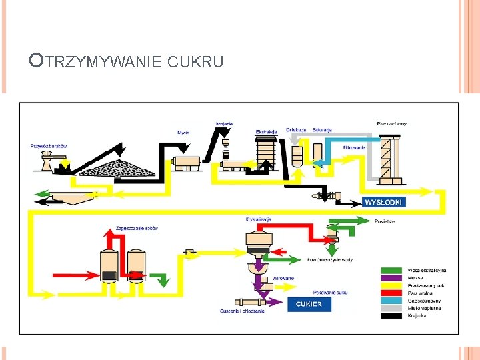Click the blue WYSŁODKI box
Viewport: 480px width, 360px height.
(384, 201)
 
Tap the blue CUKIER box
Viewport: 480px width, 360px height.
(309, 304)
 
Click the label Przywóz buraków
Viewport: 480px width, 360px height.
(49, 145)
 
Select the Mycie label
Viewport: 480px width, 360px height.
(183, 133)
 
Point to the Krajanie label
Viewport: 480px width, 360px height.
(224, 123)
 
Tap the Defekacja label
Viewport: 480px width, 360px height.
(296, 129)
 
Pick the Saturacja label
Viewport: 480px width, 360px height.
(322, 129)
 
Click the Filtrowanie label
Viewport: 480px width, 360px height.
(353, 147)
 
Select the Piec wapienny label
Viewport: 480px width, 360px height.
(391, 123)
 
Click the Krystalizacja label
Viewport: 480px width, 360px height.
(259, 219)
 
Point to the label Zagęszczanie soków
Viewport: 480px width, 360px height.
(137, 228)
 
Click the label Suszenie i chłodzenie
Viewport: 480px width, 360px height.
(243, 311)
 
